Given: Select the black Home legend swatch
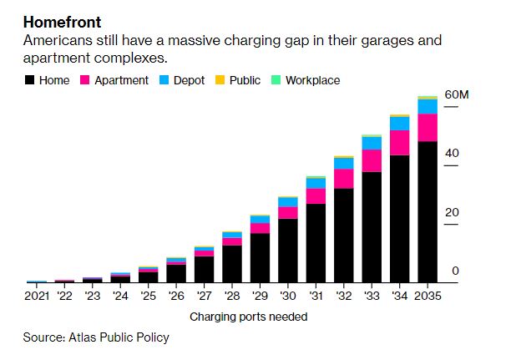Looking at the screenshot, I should [30, 81].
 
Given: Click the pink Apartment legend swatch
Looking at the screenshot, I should [84, 81].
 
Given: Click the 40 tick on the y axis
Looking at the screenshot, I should [452, 154].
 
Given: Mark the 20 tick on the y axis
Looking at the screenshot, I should [452, 212].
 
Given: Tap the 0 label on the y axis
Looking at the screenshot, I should [455, 271].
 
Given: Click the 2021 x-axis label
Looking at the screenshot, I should [38, 296].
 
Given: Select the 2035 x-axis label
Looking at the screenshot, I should [428, 296].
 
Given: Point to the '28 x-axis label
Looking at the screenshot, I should [232, 296].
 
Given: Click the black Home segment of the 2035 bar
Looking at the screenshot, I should [428, 212].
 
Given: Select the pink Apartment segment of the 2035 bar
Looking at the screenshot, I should [428, 128].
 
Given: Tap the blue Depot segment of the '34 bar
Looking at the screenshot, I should [400, 124].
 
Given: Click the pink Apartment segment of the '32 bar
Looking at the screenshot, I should [344, 179].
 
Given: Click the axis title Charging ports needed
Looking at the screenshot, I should [248, 317].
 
